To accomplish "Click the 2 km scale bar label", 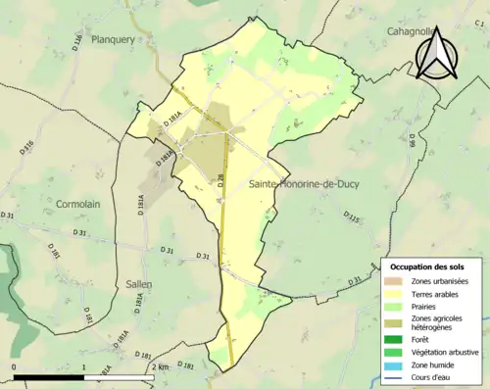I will (x=161, y=366).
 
